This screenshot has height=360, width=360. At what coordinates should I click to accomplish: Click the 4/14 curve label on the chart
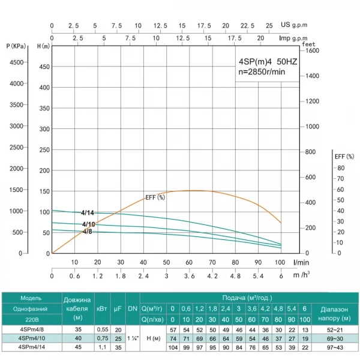pyautogui.click(x=88, y=212)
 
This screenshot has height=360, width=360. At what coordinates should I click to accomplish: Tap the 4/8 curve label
pyautogui.click(x=88, y=232)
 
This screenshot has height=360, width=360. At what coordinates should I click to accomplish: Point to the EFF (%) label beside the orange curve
pyautogui.click(x=155, y=197)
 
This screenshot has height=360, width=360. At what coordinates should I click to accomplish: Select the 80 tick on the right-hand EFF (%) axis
pyautogui.click(x=340, y=168)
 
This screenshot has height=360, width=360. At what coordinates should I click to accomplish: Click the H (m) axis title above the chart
pyautogui.click(x=43, y=46)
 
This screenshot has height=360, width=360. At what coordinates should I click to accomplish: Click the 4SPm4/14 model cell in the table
pyautogui.click(x=31, y=347)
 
